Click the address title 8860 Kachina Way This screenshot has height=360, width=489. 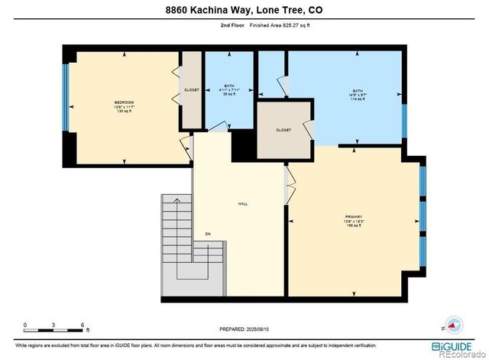(x=244, y=10)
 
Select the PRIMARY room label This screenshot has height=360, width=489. (x=353, y=221)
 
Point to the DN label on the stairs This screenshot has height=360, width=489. (x=207, y=234)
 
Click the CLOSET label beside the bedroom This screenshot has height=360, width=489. (x=191, y=90)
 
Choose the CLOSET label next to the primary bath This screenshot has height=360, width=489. (x=283, y=130)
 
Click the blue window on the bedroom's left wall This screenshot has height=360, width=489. (x=66, y=97)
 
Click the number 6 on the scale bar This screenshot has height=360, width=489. (x=82, y=324)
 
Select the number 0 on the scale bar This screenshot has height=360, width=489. (x=25, y=324)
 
